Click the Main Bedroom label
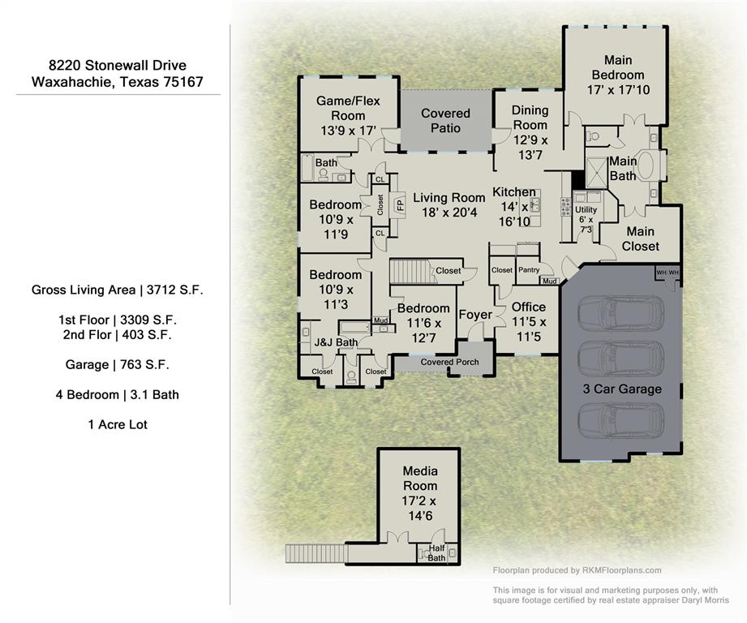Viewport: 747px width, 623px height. click(617, 67)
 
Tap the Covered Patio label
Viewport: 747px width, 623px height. click(445, 121)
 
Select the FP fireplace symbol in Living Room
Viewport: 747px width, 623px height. click(400, 204)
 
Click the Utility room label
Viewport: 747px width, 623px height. click(586, 209)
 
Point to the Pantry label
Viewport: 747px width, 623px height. click(528, 270)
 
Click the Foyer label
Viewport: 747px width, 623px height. click(475, 315)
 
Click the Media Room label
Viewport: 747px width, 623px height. click(420, 479)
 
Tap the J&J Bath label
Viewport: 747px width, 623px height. click(336, 343)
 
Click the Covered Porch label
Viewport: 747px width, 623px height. click(449, 362)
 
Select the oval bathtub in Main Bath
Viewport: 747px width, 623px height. click(650, 165)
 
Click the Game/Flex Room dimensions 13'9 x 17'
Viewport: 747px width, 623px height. click(348, 130)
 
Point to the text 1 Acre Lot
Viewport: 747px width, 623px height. click(118, 424)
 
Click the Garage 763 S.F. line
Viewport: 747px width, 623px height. click(118, 365)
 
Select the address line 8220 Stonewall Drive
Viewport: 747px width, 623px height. click(117, 66)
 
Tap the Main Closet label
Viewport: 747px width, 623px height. click(640, 238)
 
